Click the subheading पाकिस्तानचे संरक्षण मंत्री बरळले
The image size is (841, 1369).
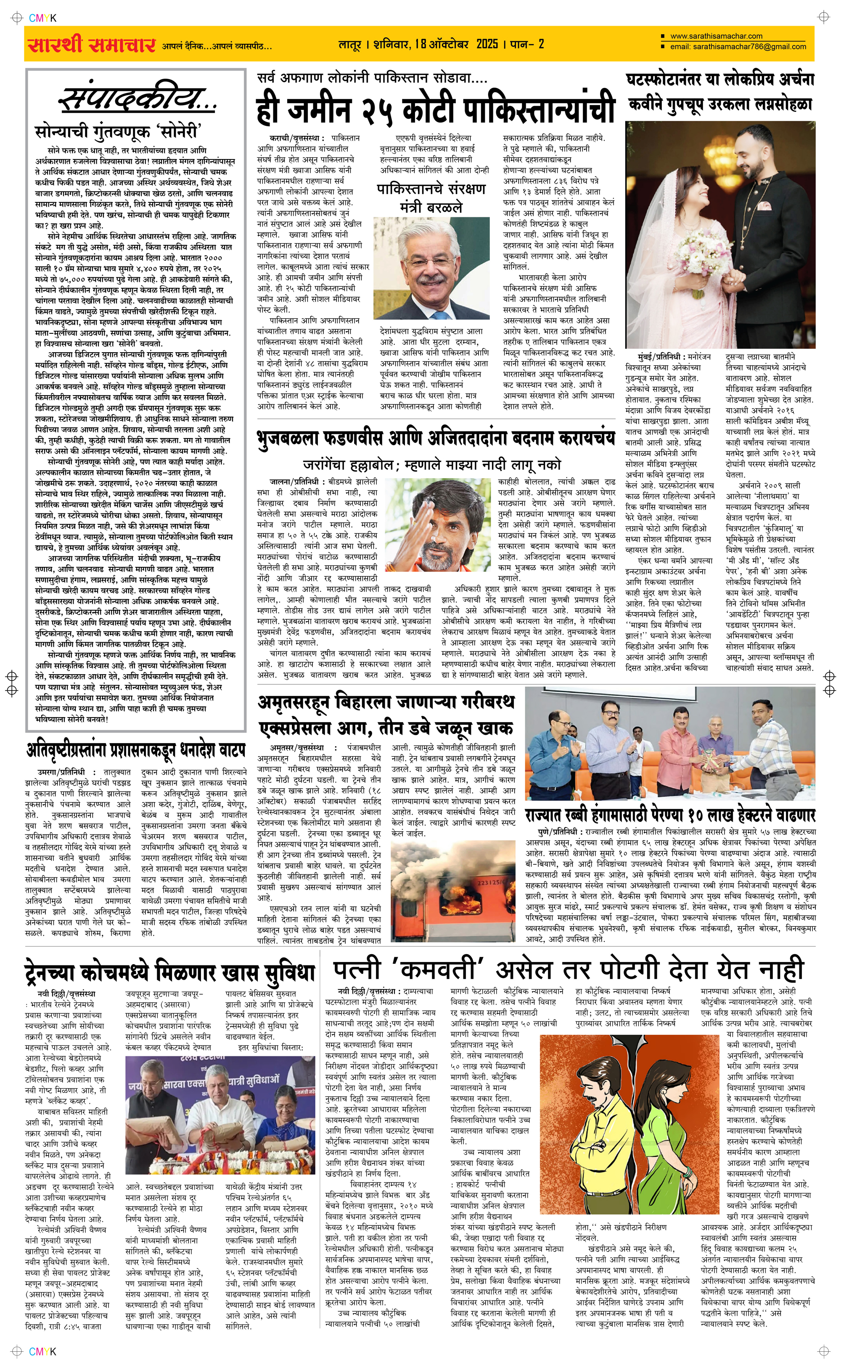tap(431, 197)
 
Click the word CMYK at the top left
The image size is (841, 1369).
tap(43, 18)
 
